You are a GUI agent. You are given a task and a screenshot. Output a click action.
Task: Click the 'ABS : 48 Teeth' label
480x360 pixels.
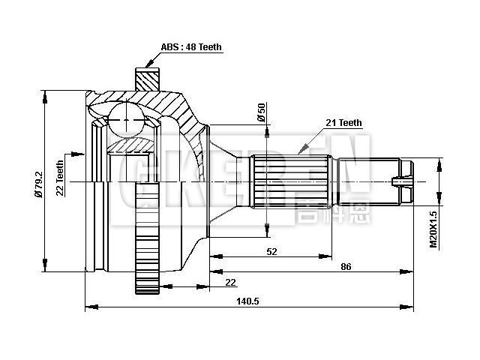pyautogui.click(x=191, y=46)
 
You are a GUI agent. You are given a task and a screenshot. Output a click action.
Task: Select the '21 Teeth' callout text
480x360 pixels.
pyautogui.click(x=343, y=123)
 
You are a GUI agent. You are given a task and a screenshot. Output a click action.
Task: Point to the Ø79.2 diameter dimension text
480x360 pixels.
pyautogui.click(x=37, y=182)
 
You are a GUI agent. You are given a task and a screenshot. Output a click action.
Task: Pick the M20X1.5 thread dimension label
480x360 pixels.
pyautogui.click(x=433, y=229)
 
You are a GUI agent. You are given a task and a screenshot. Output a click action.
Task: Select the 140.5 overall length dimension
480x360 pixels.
pyautogui.click(x=248, y=300)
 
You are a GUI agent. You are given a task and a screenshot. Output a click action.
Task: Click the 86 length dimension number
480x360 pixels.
pyautogui.click(x=346, y=266)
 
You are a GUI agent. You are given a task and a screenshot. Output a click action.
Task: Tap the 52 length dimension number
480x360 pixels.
pyautogui.click(x=271, y=253)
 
